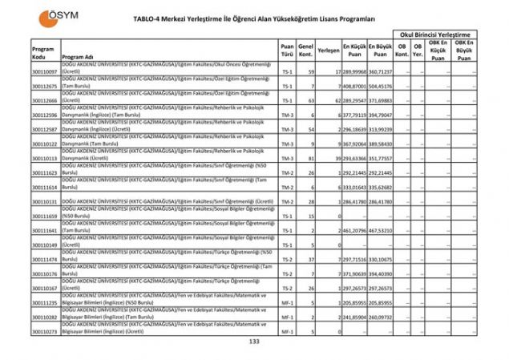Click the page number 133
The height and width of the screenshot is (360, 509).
(255, 342)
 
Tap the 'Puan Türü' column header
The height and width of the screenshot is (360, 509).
(287, 51)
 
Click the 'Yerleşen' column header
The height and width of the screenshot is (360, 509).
(327, 50)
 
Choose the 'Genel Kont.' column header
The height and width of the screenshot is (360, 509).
(305, 51)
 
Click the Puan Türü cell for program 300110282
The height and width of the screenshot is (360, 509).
(287, 317)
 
